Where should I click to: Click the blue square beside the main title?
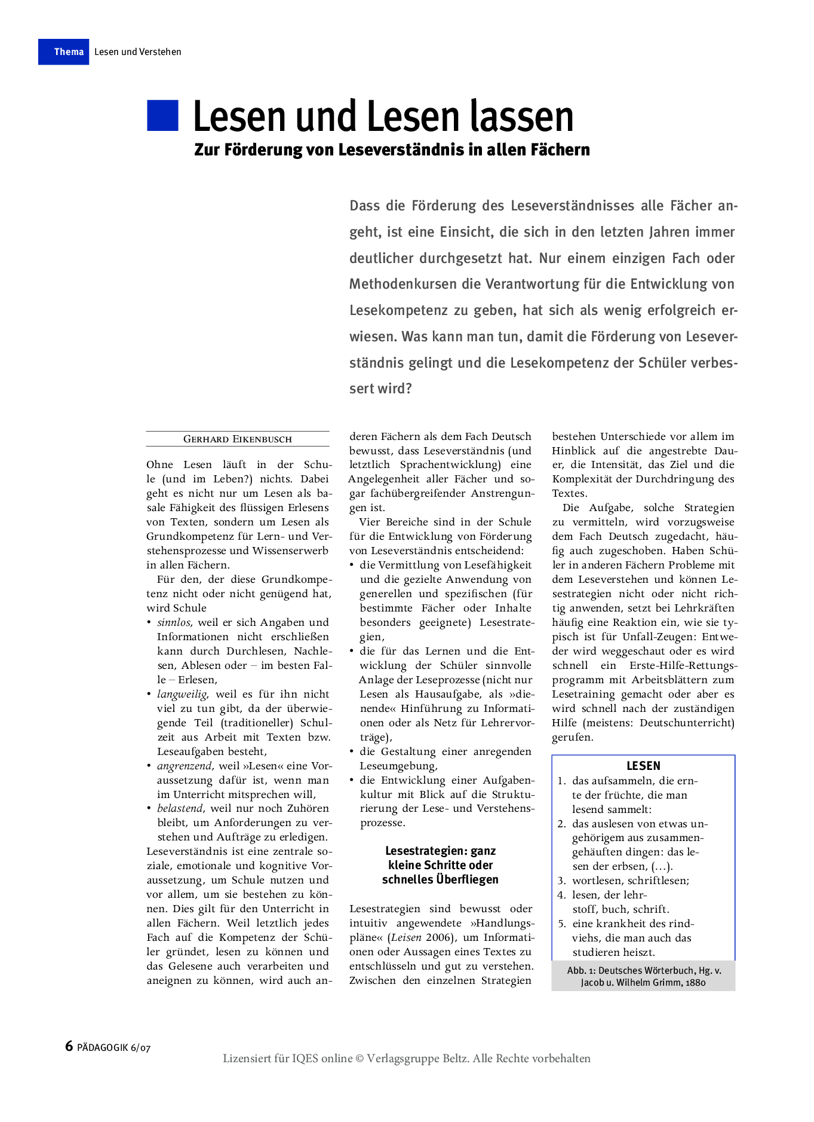162,115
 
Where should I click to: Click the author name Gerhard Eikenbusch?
237,439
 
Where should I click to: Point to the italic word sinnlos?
174,622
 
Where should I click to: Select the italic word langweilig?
182,694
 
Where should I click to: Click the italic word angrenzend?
185,766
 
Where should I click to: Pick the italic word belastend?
180,808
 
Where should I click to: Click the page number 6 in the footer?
69,1046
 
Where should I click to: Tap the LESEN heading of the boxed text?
643,766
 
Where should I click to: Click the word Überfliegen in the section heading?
466,879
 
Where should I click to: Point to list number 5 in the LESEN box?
561,924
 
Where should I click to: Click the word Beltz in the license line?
456,1059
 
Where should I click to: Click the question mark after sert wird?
408,389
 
